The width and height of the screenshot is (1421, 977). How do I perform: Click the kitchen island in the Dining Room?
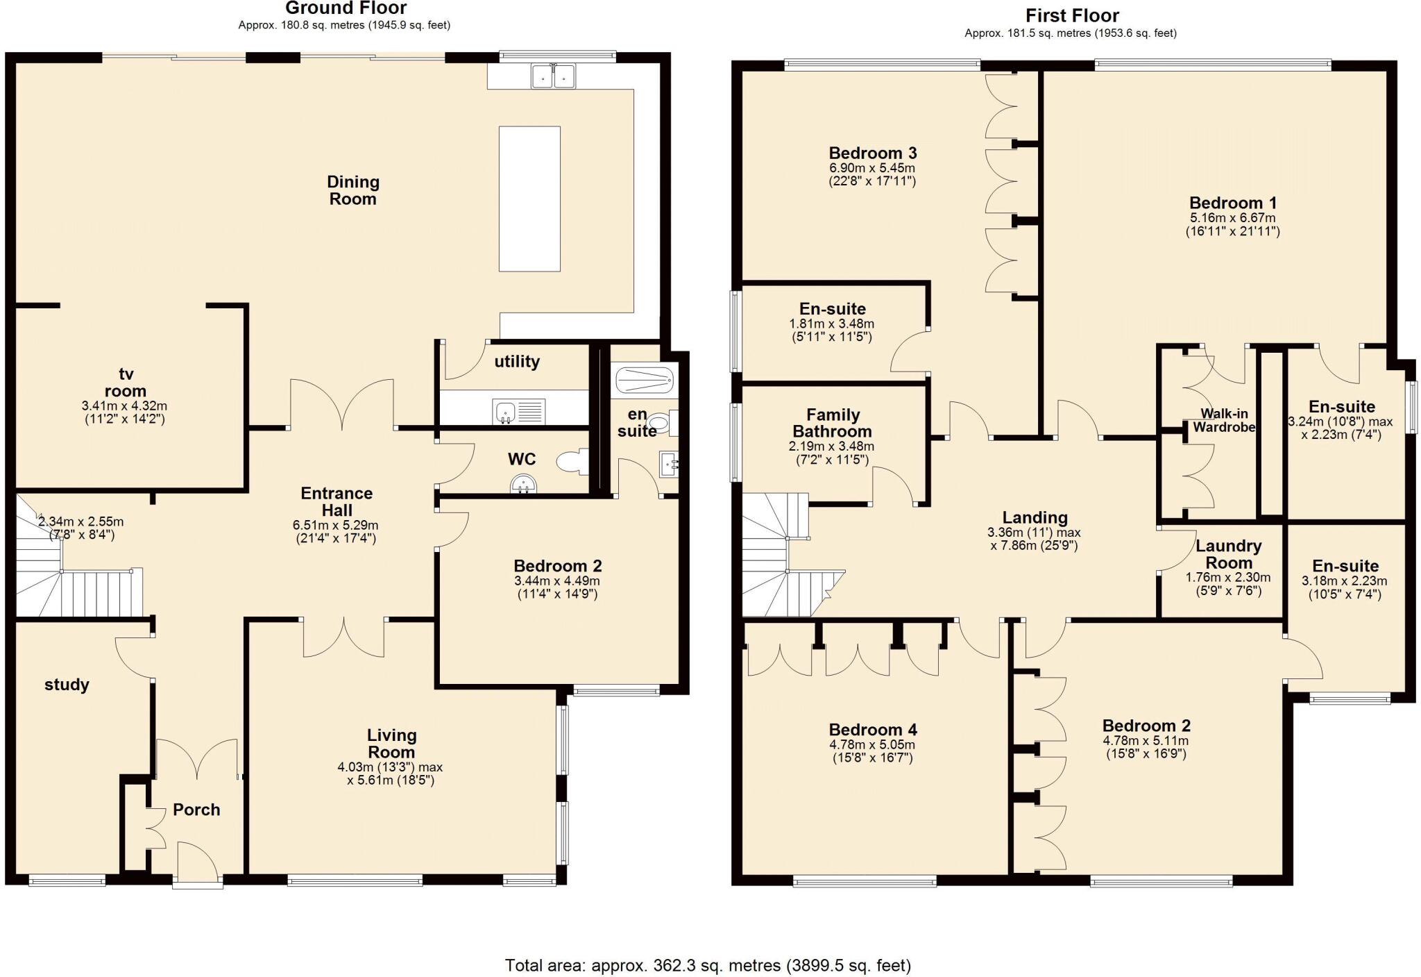(x=529, y=199)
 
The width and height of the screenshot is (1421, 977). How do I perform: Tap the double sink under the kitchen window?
(x=553, y=77)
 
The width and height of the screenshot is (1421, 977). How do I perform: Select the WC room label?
(x=522, y=459)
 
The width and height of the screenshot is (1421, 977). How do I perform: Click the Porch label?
(x=196, y=810)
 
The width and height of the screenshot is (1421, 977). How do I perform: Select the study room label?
(x=67, y=685)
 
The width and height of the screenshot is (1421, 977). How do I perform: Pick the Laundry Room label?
(x=1229, y=555)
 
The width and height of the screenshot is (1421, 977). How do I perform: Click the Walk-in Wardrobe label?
(x=1224, y=420)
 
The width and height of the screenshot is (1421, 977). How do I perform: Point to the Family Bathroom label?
(x=833, y=423)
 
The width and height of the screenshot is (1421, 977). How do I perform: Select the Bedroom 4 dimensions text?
(x=873, y=751)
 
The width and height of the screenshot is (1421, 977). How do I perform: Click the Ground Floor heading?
(x=346, y=8)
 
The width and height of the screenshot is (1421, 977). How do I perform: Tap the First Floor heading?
(x=1072, y=15)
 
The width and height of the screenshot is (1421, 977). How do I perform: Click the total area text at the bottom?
(x=708, y=965)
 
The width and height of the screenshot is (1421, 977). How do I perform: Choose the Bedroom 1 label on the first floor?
(x=1232, y=203)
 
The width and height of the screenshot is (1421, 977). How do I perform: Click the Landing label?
(x=1035, y=517)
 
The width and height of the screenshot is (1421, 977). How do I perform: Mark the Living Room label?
(x=391, y=744)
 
